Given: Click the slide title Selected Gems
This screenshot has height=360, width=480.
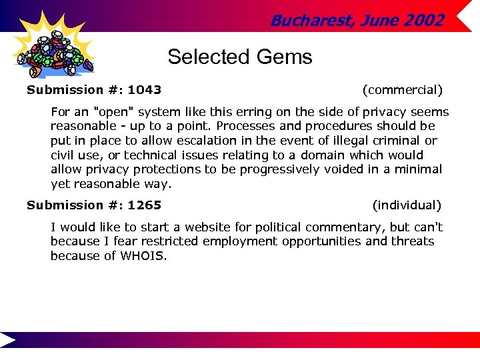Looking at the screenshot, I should click(240, 57).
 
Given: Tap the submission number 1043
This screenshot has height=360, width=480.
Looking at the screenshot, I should click(145, 89).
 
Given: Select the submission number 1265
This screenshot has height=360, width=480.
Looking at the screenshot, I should click(145, 205).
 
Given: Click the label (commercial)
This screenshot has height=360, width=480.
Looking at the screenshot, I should click(402, 89).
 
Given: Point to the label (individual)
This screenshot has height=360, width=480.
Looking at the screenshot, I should click(407, 205).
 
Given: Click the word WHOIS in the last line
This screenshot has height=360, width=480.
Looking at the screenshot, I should click(141, 255).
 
